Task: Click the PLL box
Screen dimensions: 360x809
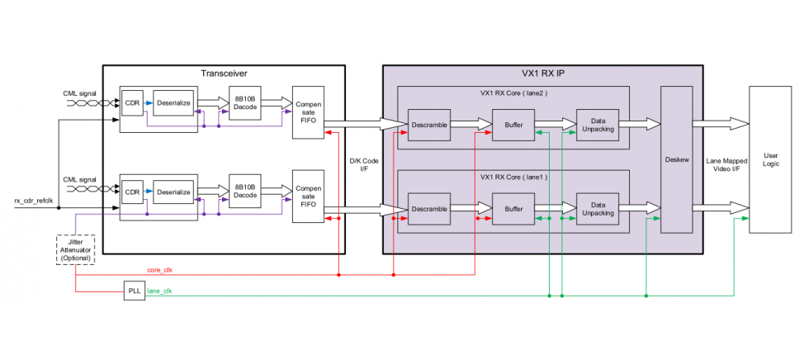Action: pyautogui.click(x=133, y=291)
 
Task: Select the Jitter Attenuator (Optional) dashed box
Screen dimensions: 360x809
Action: pyautogui.click(x=75, y=249)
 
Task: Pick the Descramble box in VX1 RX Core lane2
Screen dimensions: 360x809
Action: pyautogui.click(x=429, y=125)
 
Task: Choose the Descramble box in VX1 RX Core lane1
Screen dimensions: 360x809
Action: pyautogui.click(x=429, y=208)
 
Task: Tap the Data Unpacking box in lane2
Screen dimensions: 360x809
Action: pyautogui.click(x=597, y=125)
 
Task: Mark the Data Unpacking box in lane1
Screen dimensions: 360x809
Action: pyautogui.click(x=597, y=208)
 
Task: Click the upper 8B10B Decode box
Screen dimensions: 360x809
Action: pyautogui.click(x=244, y=102)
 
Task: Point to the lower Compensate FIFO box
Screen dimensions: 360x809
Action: pyautogui.click(x=308, y=197)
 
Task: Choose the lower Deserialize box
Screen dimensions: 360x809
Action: pyautogui.click(x=173, y=192)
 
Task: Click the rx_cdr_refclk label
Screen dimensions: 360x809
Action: pyautogui.click(x=34, y=201)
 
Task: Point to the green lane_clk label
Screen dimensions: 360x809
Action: pyautogui.click(x=159, y=291)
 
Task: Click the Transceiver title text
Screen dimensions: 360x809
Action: pyautogui.click(x=224, y=73)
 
